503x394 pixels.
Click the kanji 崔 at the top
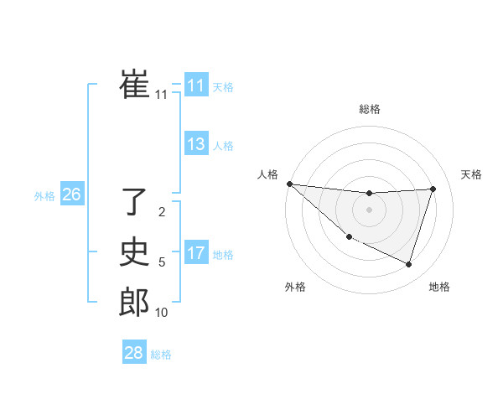(x=134, y=85)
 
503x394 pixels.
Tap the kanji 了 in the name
(x=134, y=202)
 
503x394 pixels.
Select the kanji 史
(x=134, y=252)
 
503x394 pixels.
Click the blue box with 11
(x=196, y=86)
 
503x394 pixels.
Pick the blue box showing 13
(x=196, y=144)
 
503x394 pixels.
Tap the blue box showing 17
(x=196, y=253)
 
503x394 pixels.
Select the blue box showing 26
(x=71, y=194)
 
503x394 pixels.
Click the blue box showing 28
(x=134, y=353)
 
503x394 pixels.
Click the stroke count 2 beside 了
(x=162, y=212)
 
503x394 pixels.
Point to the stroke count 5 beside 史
(x=162, y=262)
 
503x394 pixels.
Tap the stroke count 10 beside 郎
(x=162, y=313)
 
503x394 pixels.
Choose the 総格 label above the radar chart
(x=370, y=109)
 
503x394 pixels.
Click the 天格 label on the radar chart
(x=472, y=174)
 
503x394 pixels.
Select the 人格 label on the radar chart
(x=267, y=174)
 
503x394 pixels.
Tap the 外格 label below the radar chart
(x=295, y=287)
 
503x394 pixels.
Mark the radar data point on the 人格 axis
(x=289, y=184)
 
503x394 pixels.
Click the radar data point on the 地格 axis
(x=409, y=264)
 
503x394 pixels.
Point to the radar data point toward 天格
(x=433, y=189)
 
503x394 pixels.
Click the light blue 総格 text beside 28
(x=161, y=355)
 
